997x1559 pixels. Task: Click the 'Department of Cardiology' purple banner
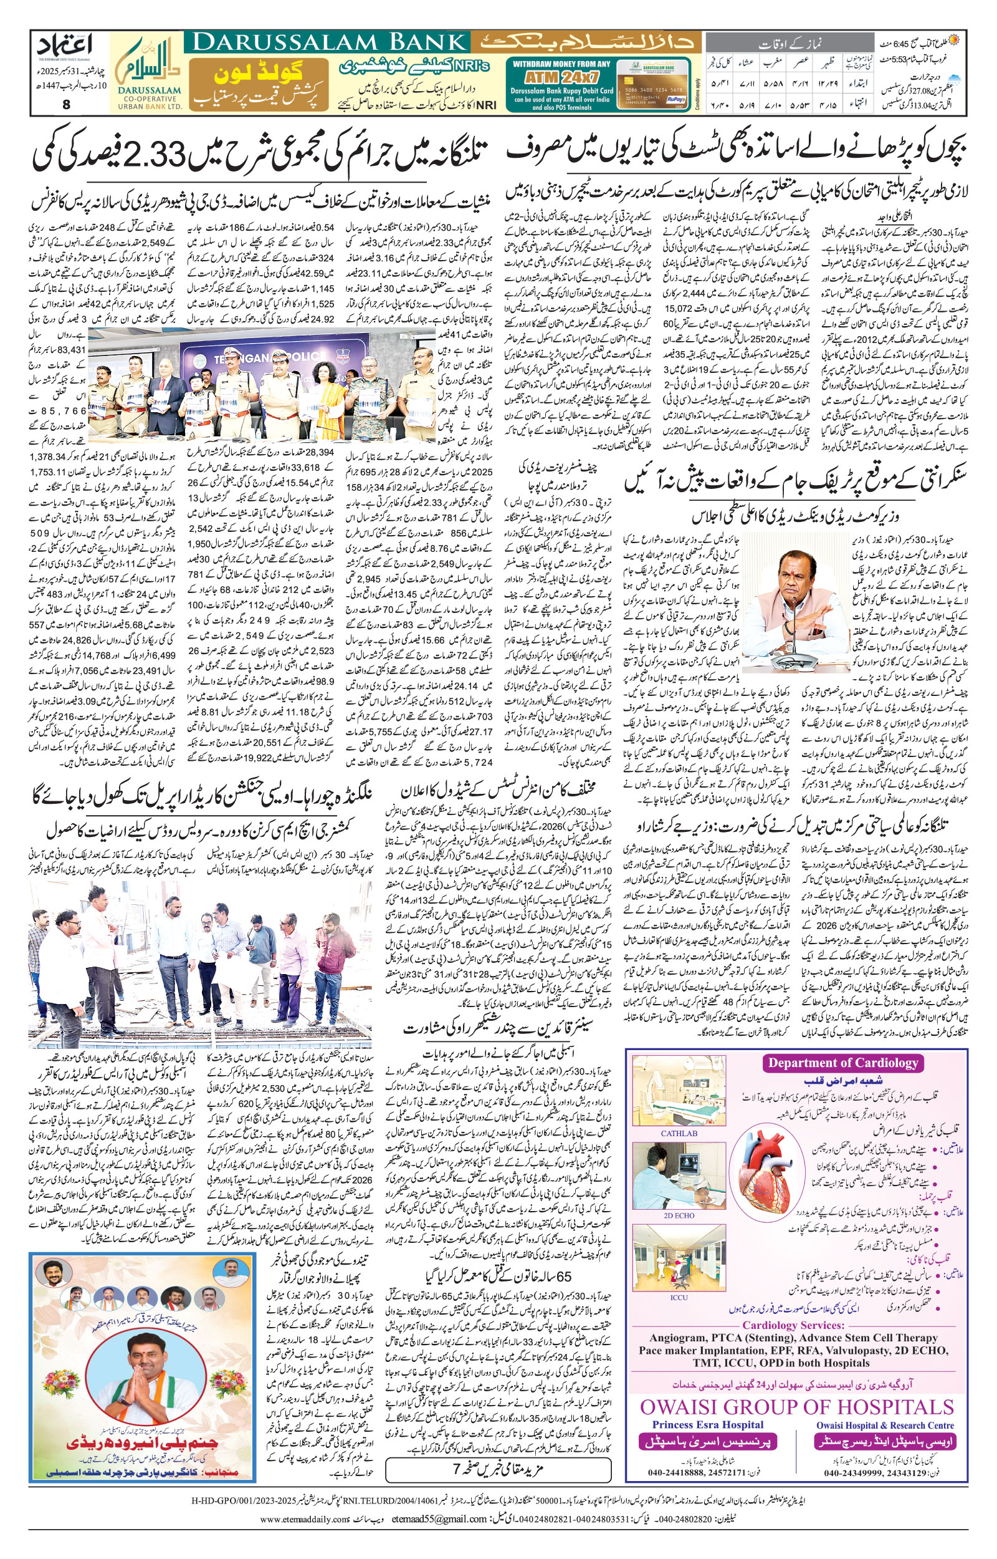(x=843, y=1062)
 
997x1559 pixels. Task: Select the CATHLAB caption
(x=679, y=1134)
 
